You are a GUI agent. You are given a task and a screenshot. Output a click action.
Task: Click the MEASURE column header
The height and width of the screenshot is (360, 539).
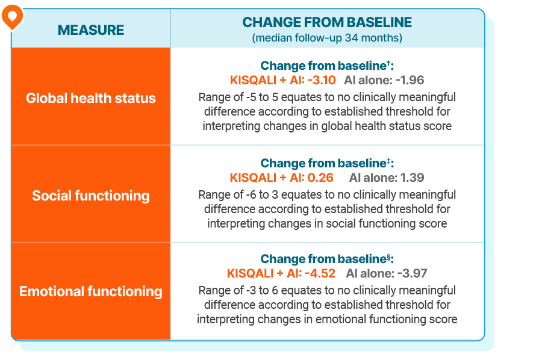click(91, 30)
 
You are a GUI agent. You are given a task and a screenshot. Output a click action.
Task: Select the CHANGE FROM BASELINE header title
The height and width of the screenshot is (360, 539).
click(327, 23)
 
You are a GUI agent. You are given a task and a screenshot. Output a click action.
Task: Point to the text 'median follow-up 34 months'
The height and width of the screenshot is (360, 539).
click(327, 38)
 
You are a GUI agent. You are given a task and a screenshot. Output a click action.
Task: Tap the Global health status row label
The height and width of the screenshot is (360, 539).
click(91, 98)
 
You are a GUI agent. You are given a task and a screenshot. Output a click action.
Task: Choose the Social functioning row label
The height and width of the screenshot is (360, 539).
click(91, 196)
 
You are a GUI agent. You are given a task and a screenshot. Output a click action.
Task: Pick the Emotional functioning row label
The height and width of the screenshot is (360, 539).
click(91, 292)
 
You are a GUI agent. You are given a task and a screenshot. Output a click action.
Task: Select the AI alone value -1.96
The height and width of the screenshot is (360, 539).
click(410, 80)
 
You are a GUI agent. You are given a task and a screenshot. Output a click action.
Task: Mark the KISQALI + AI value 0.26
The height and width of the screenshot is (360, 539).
click(320, 178)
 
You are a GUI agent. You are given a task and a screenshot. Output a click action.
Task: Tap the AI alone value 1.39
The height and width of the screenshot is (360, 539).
click(412, 178)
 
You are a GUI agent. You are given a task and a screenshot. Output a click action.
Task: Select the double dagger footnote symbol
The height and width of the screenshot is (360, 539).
click(388, 161)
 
